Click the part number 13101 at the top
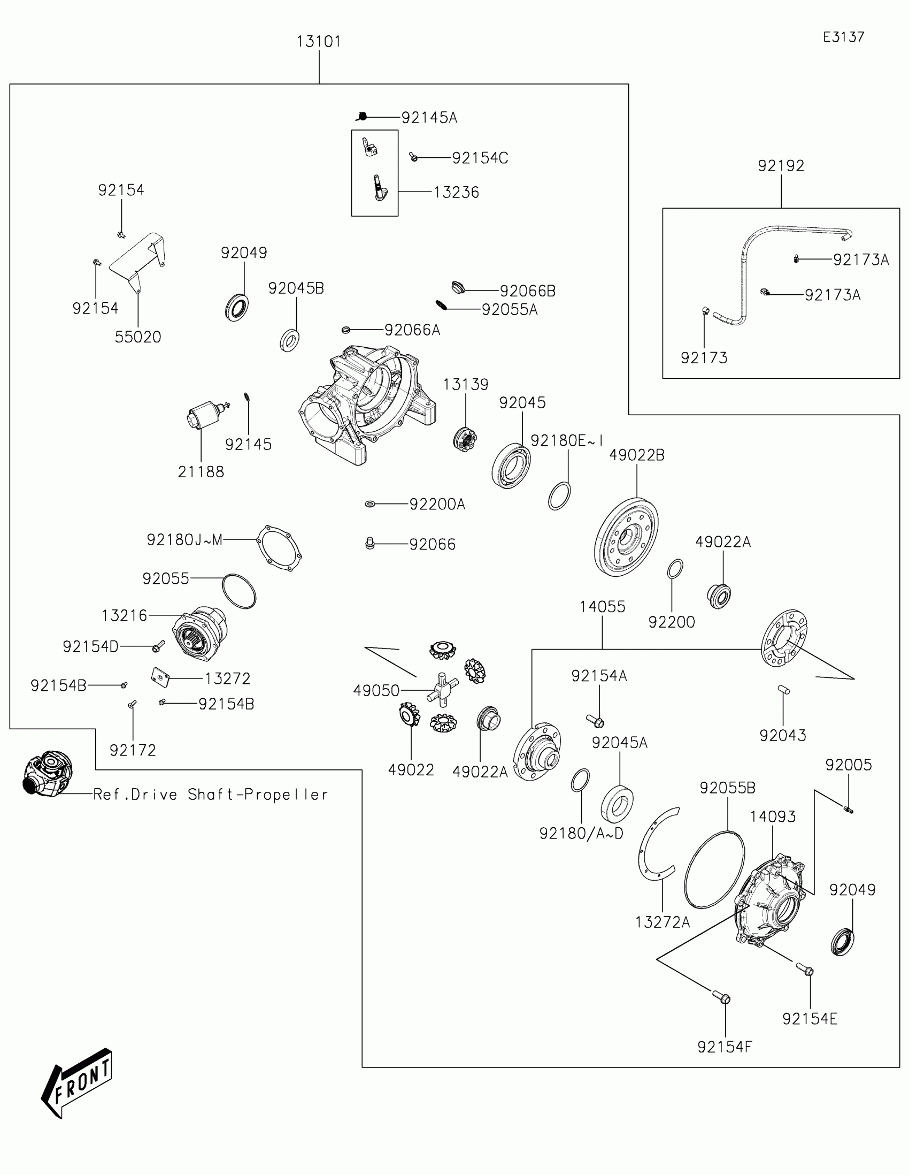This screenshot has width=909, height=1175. coord(319,41)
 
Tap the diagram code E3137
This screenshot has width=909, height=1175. coord(843,36)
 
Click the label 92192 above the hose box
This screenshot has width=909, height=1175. coord(781,166)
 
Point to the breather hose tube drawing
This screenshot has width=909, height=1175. coord(747,269)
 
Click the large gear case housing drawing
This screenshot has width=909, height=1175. coord(366,403)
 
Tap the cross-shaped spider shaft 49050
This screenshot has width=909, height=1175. coord(442,689)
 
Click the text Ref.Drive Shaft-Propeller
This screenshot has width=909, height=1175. coord(210,794)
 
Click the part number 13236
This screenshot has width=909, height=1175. coord(456,192)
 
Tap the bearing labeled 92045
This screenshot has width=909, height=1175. coord(511,466)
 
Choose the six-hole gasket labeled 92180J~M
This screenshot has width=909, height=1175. coord(279,548)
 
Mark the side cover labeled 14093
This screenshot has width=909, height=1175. coord(770,904)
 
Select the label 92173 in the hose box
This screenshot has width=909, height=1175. coord(704,358)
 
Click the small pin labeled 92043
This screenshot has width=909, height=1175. coord(783,690)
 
